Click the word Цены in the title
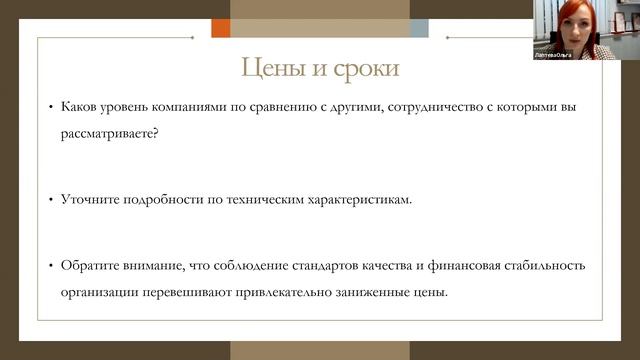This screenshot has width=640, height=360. (269, 69)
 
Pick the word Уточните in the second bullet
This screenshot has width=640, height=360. (87, 199)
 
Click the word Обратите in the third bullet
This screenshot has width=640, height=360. (88, 265)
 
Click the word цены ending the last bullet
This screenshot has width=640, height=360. (431, 293)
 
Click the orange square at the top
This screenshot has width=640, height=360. (221, 28)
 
